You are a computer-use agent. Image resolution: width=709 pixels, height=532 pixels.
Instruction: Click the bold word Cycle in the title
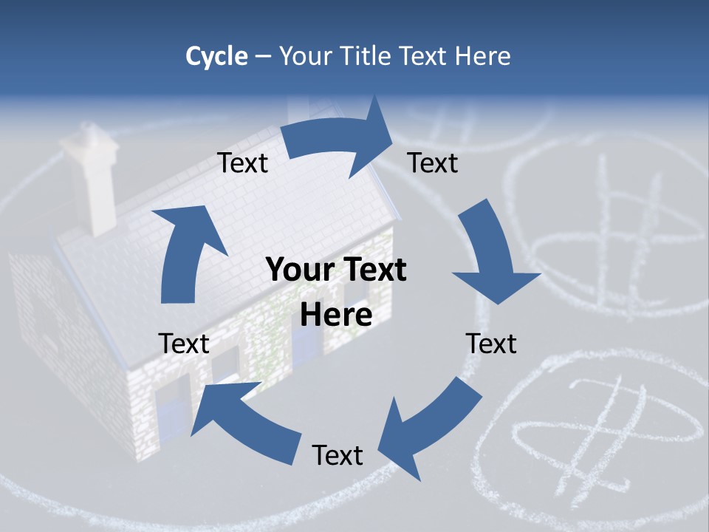pyautogui.click(x=216, y=56)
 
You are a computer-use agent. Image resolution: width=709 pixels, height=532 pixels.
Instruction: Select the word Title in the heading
pyautogui.click(x=367, y=56)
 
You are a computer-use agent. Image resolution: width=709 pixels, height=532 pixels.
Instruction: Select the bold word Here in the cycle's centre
pyautogui.click(x=335, y=316)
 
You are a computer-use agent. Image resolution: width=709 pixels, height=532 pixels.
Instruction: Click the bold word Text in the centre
pyautogui.click(x=371, y=270)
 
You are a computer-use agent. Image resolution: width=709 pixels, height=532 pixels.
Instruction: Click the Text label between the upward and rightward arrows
pyautogui.click(x=243, y=163)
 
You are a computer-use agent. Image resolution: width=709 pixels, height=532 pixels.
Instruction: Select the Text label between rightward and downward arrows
pyautogui.click(x=433, y=163)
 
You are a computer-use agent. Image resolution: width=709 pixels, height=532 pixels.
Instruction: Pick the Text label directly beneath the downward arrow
pyautogui.click(x=491, y=344)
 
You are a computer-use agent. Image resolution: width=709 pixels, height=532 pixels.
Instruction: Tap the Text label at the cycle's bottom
pyautogui.click(x=338, y=455)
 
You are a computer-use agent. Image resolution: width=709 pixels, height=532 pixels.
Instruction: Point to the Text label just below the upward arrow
pyautogui.click(x=184, y=344)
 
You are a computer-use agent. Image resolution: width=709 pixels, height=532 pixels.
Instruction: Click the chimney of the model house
pyautogui.click(x=94, y=177)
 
